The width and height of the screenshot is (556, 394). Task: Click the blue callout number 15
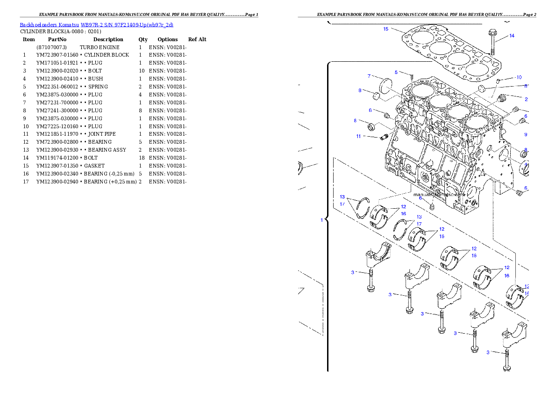(385, 29)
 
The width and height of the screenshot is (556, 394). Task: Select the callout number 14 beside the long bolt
(512, 36)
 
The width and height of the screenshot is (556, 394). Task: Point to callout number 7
(369, 76)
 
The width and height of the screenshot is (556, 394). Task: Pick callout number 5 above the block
(396, 73)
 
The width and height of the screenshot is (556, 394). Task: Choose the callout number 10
(519, 78)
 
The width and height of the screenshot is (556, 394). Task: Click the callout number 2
(526, 99)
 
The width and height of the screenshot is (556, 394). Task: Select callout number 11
(358, 136)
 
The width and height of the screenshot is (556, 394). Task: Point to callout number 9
(525, 134)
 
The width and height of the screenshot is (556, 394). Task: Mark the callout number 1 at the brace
(321, 220)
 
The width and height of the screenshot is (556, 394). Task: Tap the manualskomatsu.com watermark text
(439, 194)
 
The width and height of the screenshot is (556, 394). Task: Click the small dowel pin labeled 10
(498, 81)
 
